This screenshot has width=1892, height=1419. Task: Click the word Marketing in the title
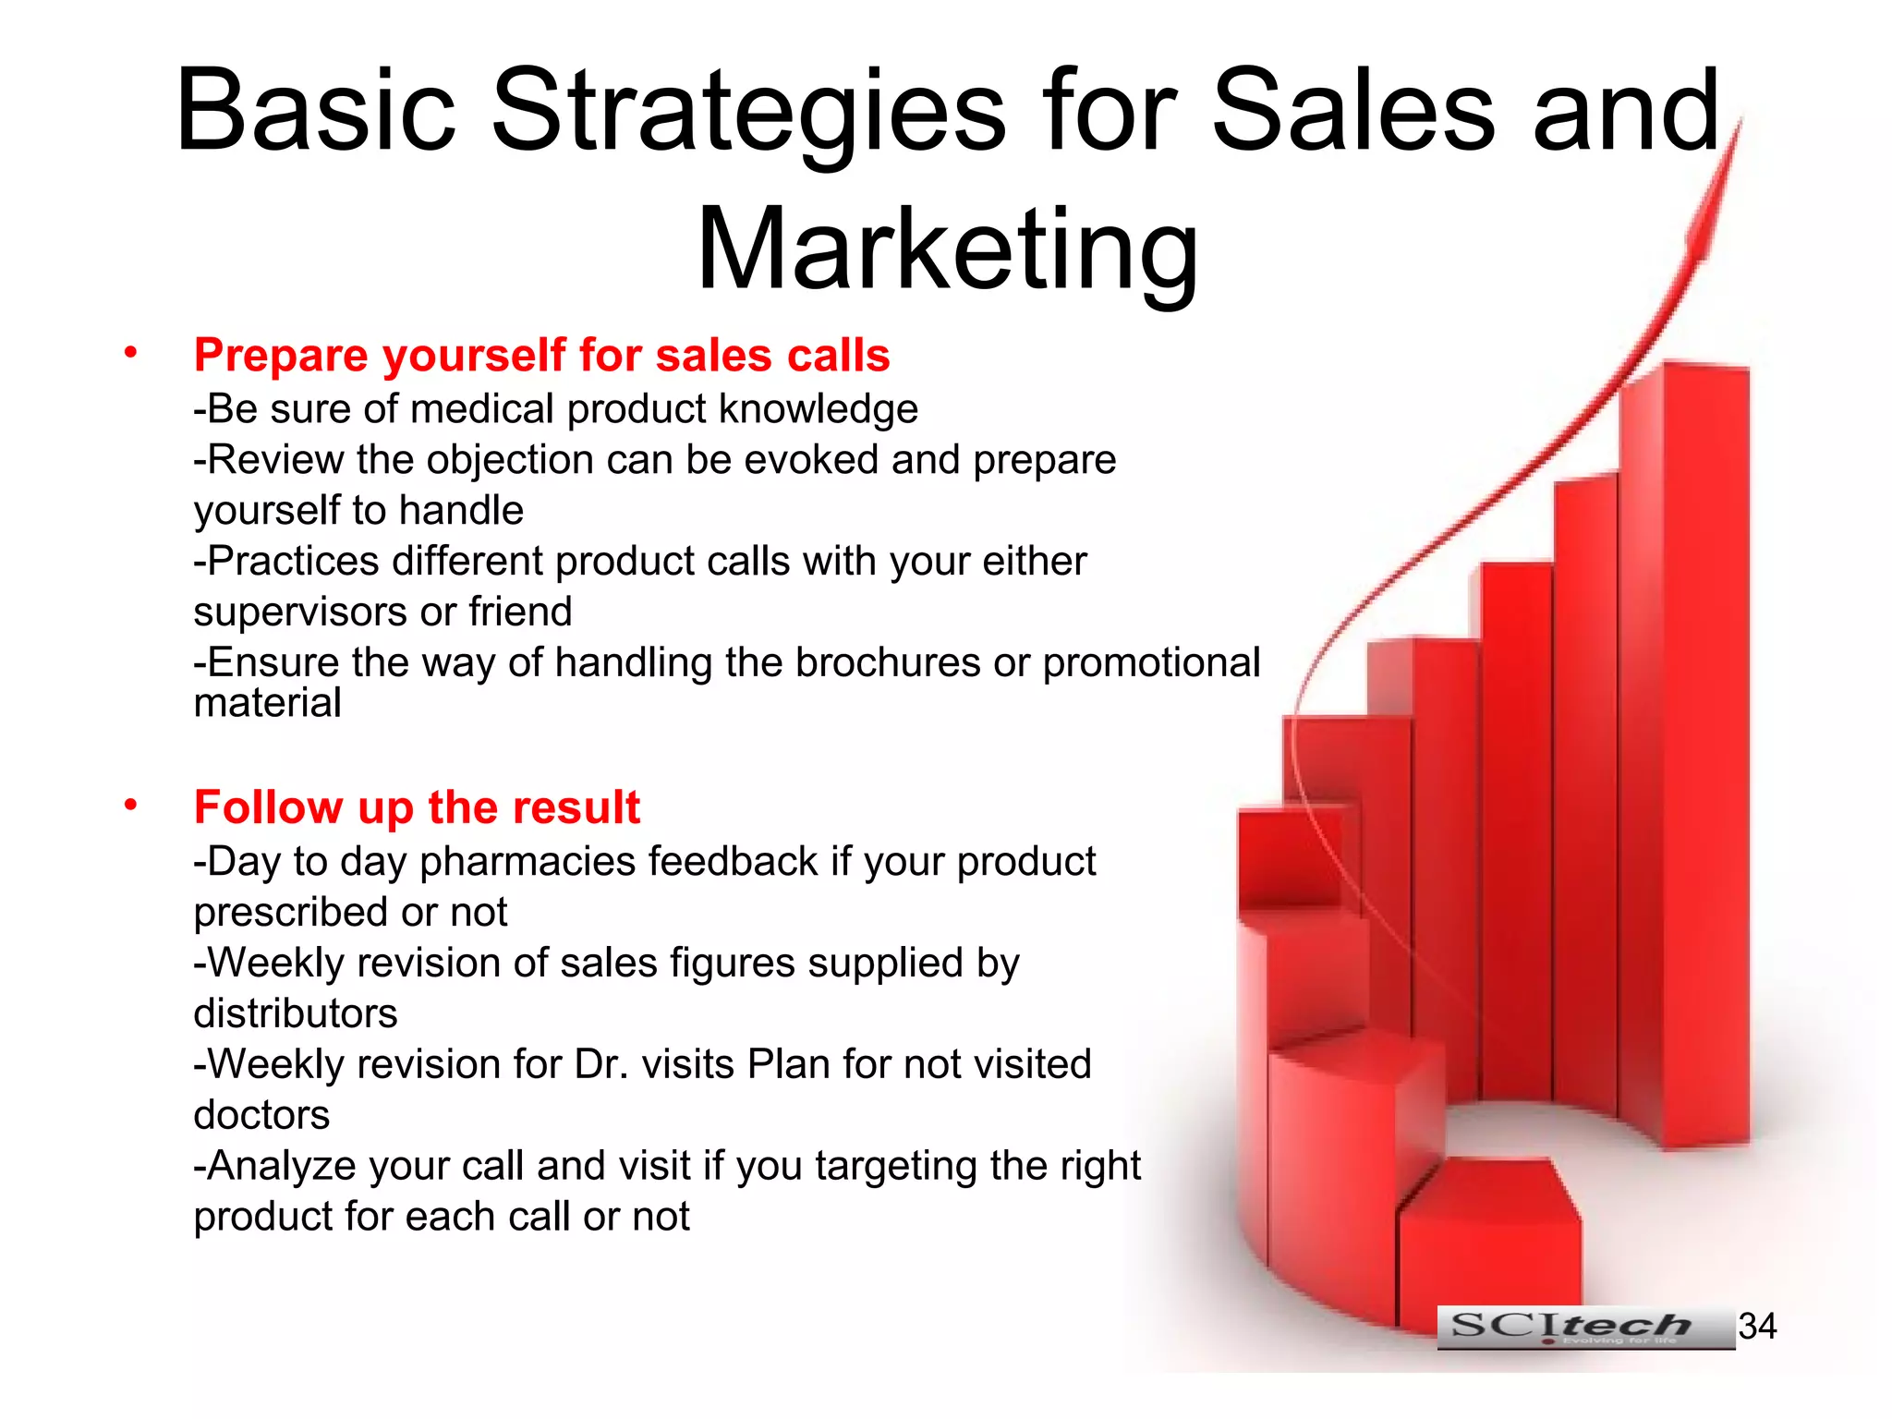[x=947, y=249]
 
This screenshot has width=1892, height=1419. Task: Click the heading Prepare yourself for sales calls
[x=541, y=356]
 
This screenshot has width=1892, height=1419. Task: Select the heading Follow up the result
[x=417, y=807]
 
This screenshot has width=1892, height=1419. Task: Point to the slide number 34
[x=1757, y=1327]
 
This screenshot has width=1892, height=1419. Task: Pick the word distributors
[x=296, y=1013]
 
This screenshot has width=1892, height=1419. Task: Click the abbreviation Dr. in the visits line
[x=601, y=1064]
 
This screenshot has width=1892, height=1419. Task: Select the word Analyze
[x=282, y=1166]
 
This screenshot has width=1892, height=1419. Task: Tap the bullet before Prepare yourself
[x=131, y=352]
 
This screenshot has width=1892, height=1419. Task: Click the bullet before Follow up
[x=131, y=805]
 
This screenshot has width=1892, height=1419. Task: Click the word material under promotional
[x=267, y=703]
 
